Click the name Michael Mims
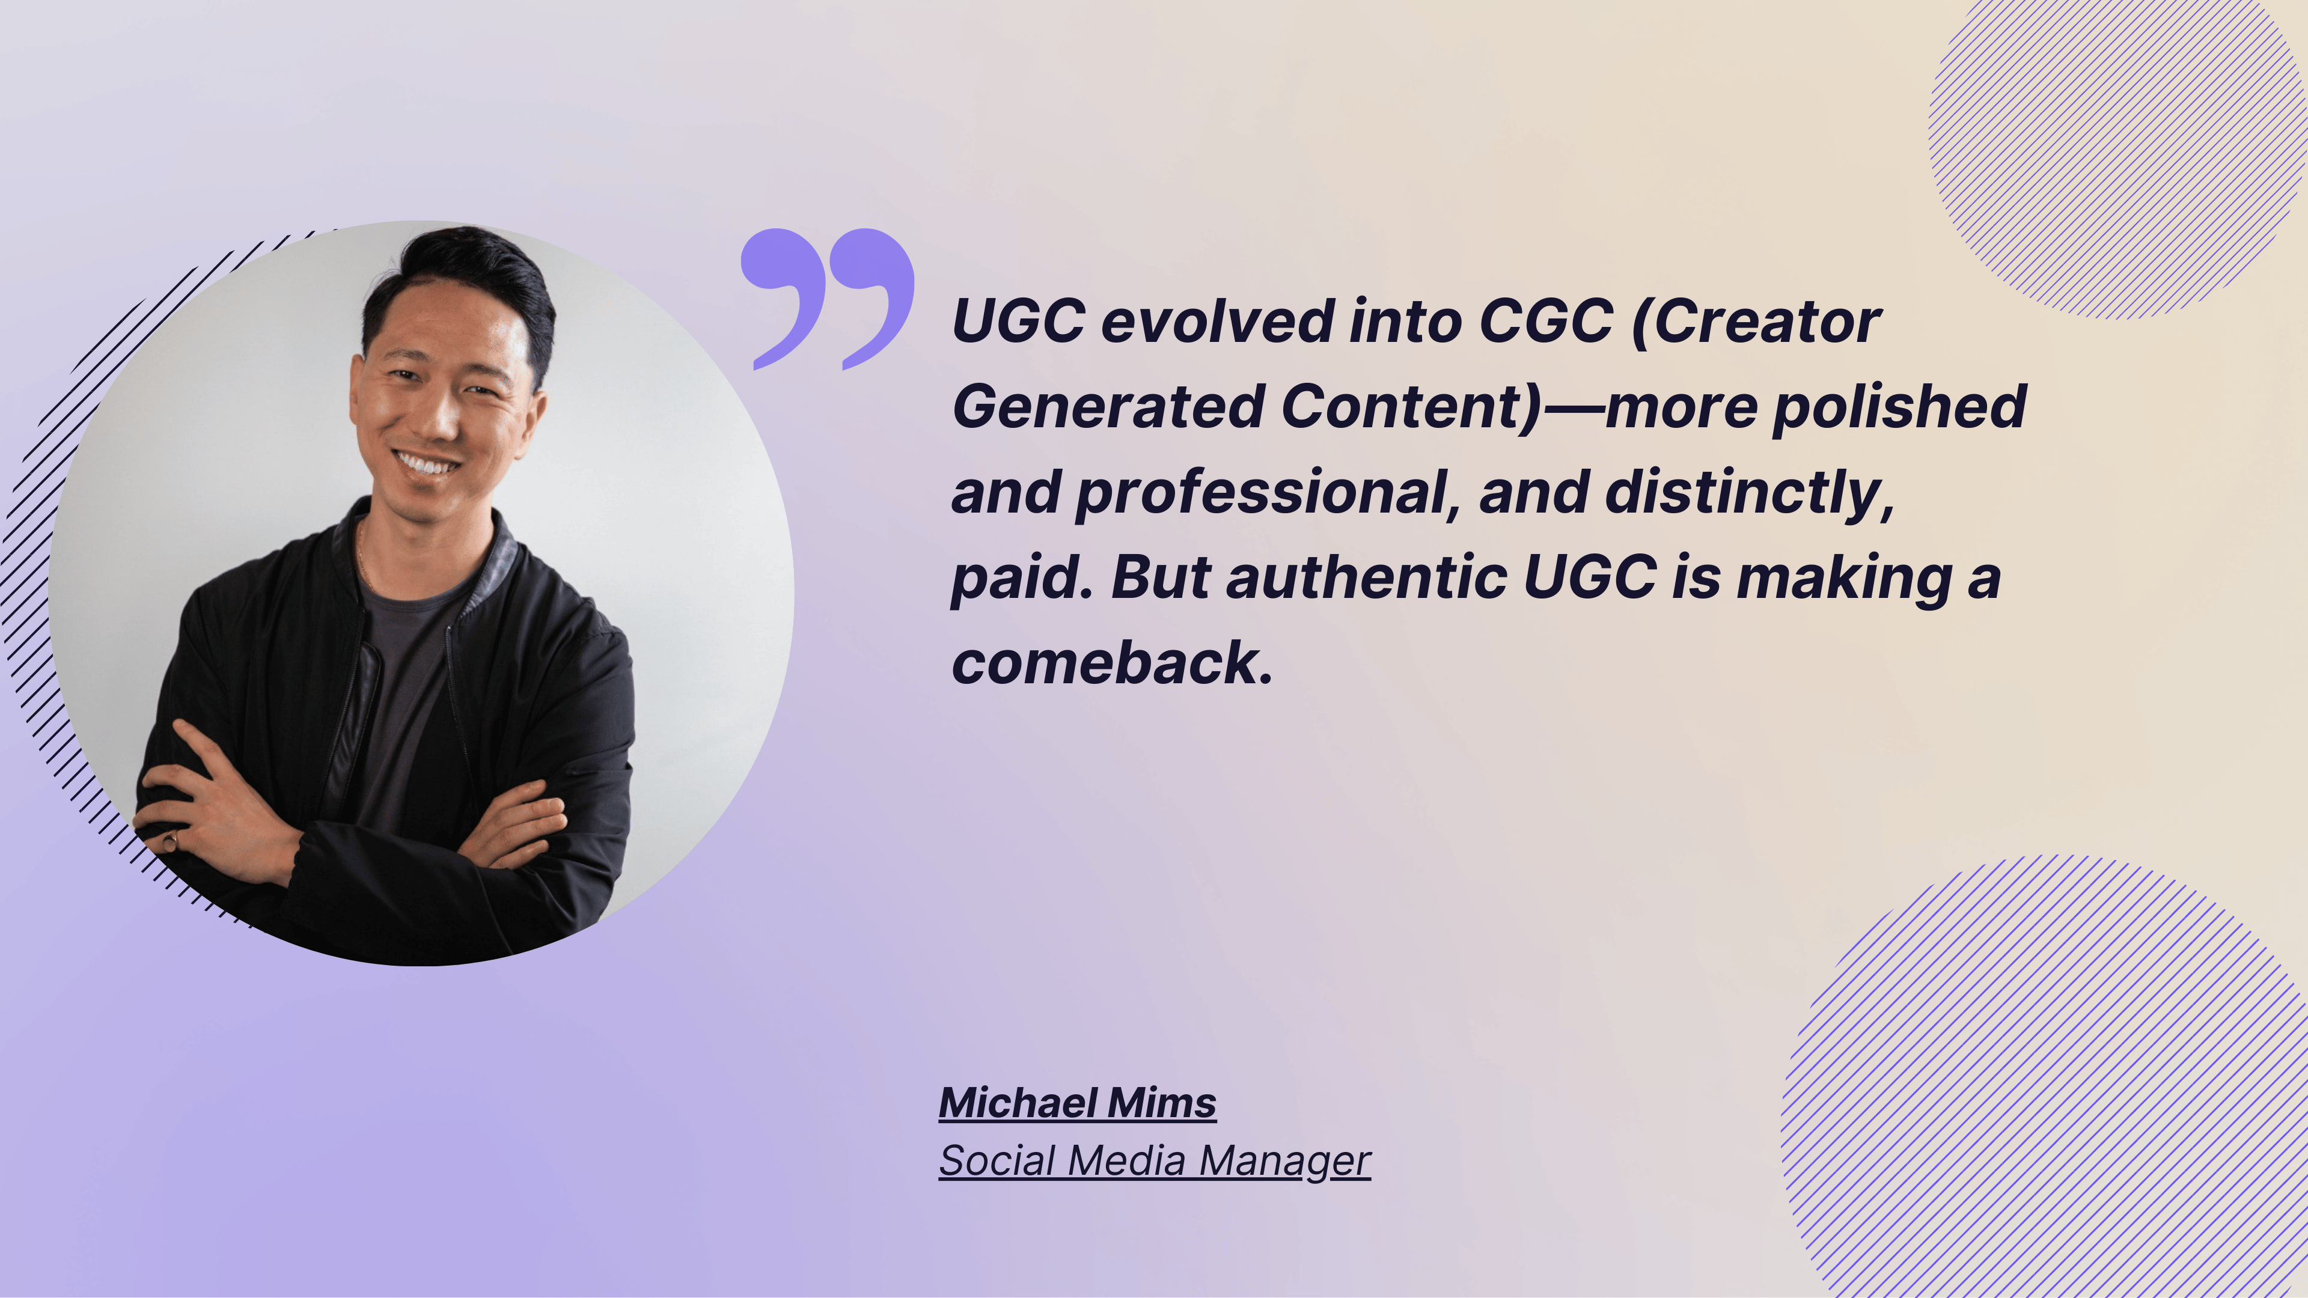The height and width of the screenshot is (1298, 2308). click(x=1077, y=1103)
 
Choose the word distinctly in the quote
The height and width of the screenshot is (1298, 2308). click(x=1747, y=493)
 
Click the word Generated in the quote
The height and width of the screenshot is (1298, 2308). click(x=1108, y=407)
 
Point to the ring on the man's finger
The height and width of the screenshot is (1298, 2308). click(x=170, y=840)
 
